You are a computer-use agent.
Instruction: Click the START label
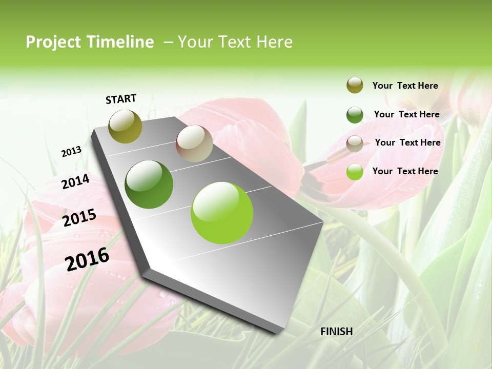(121, 99)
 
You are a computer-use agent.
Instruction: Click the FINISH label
(336, 332)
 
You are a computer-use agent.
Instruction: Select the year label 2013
(71, 151)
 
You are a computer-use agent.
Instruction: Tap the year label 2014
(75, 182)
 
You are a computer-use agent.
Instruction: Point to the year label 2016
(87, 259)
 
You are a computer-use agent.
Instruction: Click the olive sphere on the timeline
(126, 126)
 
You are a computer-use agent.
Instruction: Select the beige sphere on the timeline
(194, 143)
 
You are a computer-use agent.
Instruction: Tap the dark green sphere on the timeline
(149, 184)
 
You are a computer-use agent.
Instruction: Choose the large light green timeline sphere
(222, 213)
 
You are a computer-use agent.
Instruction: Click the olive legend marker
(355, 85)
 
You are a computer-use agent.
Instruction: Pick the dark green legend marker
(355, 115)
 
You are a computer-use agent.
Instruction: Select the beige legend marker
(355, 143)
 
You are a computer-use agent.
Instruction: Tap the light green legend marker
(355, 172)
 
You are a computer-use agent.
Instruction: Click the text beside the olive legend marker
(405, 86)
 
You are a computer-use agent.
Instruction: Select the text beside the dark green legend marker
(406, 114)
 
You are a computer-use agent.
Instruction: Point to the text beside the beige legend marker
(407, 142)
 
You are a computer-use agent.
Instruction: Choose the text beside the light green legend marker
(405, 171)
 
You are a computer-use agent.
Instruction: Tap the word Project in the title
(53, 42)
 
